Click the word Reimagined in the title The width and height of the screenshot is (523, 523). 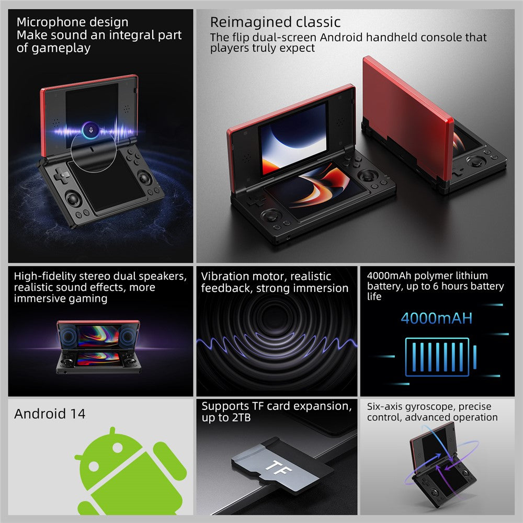[243, 22]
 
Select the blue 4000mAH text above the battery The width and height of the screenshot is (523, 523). [436, 318]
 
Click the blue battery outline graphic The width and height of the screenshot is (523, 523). [437, 356]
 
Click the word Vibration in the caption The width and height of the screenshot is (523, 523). [223, 276]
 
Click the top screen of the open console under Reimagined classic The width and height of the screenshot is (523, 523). [293, 130]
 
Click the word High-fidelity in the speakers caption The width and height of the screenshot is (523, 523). [41, 276]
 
